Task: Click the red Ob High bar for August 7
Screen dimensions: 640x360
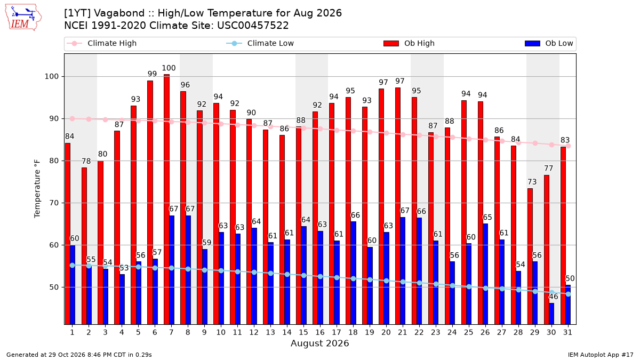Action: (166, 199)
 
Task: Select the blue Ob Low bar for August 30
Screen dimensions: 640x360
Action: (551, 314)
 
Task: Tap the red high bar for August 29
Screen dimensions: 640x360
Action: (530, 257)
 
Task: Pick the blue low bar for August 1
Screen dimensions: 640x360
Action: (73, 285)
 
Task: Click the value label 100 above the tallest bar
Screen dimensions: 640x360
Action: (169, 68)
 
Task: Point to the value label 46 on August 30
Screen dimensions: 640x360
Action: (553, 297)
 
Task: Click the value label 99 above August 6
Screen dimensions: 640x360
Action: (152, 74)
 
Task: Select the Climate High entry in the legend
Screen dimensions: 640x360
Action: (102, 43)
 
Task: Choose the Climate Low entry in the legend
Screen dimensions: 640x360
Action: (260, 43)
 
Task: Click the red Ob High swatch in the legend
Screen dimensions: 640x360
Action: (391, 43)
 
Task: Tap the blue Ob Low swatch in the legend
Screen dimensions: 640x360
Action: (533, 43)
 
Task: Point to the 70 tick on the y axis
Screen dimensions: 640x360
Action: (54, 203)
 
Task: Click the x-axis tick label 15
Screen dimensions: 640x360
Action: (303, 332)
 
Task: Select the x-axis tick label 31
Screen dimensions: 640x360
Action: (567, 332)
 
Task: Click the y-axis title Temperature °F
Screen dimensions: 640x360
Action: (37, 189)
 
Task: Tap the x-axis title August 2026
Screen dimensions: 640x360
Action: (319, 343)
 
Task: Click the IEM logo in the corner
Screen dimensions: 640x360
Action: (23, 17)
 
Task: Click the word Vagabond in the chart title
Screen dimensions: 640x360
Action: (119, 13)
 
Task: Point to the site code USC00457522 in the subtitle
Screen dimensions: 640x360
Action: (253, 26)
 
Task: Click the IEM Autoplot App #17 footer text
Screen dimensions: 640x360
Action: (601, 355)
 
